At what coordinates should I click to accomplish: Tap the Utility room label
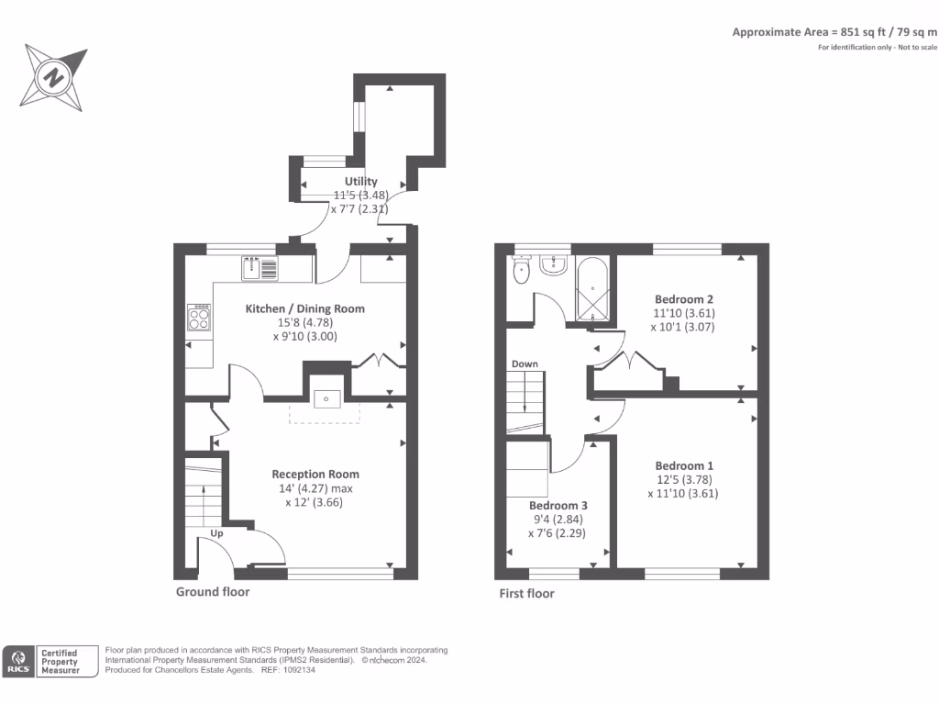[360, 181]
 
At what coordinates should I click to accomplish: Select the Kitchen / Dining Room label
[304, 308]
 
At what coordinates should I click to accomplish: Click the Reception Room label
[315, 475]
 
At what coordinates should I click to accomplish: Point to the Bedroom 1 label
[684, 465]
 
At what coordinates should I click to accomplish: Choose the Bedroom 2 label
[684, 299]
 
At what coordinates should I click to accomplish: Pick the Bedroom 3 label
[558, 506]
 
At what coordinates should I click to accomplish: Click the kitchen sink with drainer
[260, 268]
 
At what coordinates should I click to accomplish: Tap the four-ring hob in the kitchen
[199, 317]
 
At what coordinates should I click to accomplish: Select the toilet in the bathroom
[522, 270]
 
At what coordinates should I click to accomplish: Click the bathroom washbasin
[553, 265]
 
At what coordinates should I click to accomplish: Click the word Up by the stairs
[216, 533]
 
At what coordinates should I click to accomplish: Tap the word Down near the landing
[525, 364]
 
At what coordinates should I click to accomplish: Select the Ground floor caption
[213, 592]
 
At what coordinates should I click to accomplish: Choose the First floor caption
[527, 594]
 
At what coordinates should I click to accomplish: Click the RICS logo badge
[18, 662]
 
